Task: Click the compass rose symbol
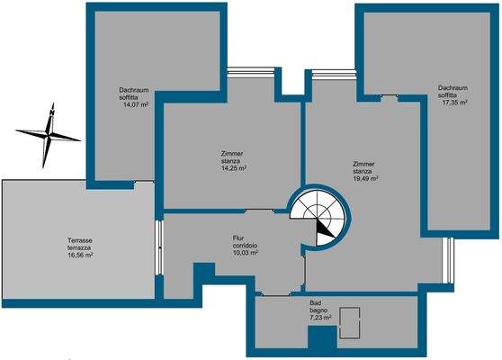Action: [48, 136]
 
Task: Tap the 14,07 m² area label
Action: [136, 105]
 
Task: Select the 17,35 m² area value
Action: [454, 103]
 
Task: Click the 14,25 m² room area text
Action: [234, 168]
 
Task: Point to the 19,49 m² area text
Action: [365, 179]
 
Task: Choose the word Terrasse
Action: [80, 240]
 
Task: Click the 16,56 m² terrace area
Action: [80, 256]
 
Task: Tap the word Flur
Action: [238, 238]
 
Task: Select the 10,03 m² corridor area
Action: [246, 253]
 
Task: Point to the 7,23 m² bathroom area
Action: [320, 318]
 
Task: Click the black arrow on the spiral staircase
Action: [325, 232]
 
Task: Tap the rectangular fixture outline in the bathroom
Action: [350, 323]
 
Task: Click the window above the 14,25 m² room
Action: [251, 71]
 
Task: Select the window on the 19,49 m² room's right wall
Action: [450, 260]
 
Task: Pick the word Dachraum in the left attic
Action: [134, 90]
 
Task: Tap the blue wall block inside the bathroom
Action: [322, 337]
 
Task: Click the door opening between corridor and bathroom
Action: [276, 294]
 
